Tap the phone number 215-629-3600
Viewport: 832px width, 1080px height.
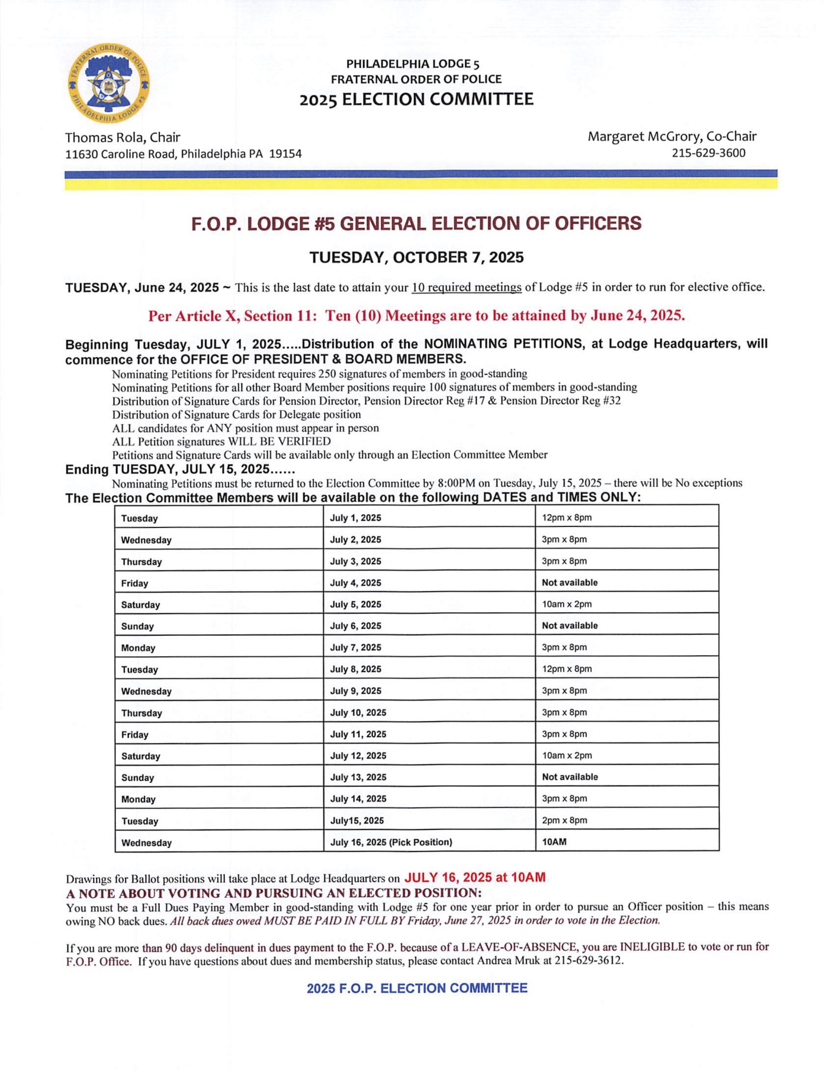[708, 153]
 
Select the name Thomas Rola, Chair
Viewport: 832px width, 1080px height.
[123, 137]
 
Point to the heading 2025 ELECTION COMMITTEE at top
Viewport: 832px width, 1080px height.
[416, 100]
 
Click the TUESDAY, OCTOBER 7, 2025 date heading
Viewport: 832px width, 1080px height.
[416, 257]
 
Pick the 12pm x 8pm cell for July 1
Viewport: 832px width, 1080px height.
[566, 518]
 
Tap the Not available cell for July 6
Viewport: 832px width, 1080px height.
[569, 626]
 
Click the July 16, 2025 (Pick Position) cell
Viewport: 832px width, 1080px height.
[391, 842]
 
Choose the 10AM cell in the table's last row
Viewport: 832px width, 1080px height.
[554, 842]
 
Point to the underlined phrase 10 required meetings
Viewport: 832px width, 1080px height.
[466, 287]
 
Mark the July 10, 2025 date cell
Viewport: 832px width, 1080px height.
[358, 713]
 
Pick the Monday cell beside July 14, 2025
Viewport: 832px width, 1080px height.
[138, 799]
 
